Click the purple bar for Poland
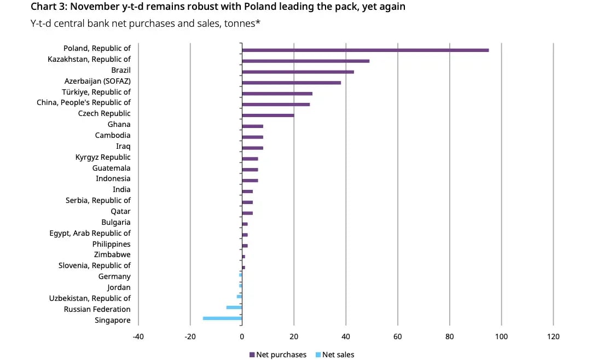coord(365,50)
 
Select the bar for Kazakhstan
coord(305,61)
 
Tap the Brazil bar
coord(298,72)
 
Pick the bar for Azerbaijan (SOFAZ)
coord(291,83)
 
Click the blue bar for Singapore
coord(222,318)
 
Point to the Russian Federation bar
coord(234,307)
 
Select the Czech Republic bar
coord(268,115)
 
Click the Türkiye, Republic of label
coord(96,92)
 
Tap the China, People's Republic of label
coord(84,102)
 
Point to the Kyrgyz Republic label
coord(103,157)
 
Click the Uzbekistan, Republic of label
coord(90,298)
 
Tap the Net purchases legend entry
coord(278,355)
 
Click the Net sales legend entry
coord(335,355)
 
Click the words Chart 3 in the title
coord(50,7)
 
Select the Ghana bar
coord(252,126)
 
